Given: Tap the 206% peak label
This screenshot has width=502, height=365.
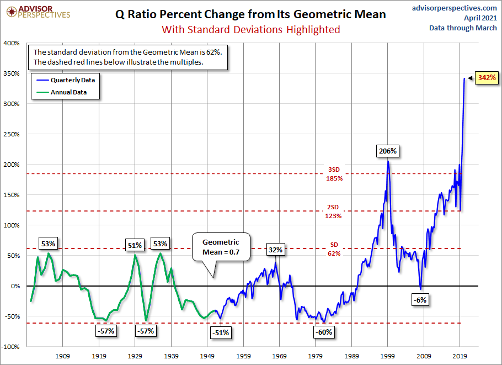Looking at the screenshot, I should pos(387,150).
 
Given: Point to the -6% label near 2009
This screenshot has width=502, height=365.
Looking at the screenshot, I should pos(420,300).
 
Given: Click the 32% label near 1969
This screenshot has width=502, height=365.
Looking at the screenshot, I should pos(276,250).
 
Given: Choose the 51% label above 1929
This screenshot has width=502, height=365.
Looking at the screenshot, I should pos(135,245).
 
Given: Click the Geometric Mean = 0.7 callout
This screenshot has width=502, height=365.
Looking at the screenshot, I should pos(221,248).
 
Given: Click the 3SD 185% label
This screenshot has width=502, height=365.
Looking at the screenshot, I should pos(334,174).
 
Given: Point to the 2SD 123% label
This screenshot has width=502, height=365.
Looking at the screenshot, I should pos(334,211).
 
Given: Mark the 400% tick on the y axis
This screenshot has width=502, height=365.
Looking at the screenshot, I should pos(12,43).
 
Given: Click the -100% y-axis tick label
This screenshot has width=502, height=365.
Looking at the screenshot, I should pos(11,347).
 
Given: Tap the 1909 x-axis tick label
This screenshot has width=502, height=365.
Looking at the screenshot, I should pos(63,357).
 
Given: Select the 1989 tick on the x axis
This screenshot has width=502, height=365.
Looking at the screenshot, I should pos(352,357).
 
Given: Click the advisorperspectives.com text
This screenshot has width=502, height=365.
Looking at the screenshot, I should pos(455,8).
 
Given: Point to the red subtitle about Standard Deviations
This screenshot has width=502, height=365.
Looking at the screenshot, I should pos(250,29).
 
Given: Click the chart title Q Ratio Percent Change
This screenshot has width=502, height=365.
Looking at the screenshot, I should pos(250,14).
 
